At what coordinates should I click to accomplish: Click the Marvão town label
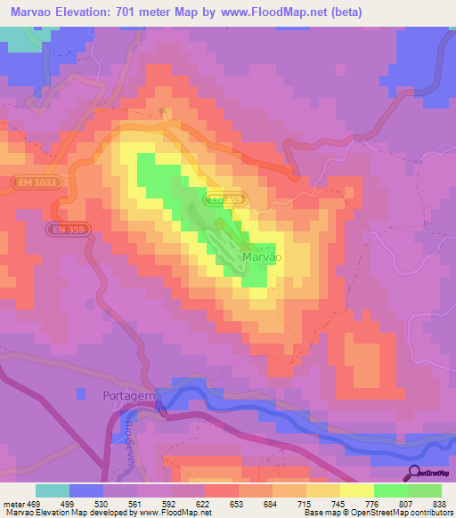262,256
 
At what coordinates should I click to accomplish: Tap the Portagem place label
128,394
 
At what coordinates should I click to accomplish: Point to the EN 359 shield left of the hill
67,229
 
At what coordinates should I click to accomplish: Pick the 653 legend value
238,503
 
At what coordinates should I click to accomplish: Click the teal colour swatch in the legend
53,490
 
